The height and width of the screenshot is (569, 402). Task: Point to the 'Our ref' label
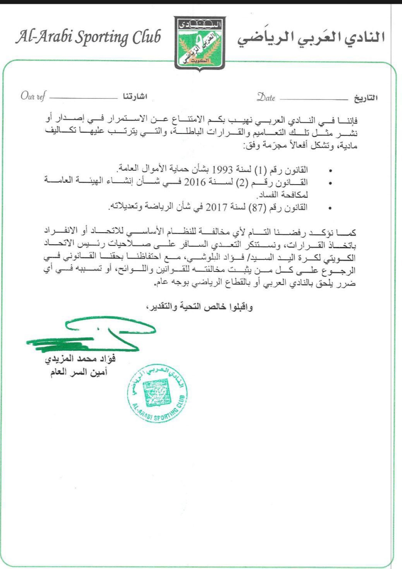coord(33,96)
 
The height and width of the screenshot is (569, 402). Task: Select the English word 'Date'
coord(266,98)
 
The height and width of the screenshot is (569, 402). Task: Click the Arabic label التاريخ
coord(365,98)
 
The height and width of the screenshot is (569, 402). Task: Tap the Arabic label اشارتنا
coord(135,97)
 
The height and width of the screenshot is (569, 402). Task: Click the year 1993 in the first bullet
coord(222,170)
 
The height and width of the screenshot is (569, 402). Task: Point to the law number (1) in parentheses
coord(260,170)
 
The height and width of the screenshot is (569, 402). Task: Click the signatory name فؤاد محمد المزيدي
coord(80,359)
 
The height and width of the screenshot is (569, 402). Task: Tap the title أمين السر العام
coord(79,372)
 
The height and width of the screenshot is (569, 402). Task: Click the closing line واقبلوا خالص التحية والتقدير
coord(200,307)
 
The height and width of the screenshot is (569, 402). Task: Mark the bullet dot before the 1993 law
coord(330,171)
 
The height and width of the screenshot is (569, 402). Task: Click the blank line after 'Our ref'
coord(82,98)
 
